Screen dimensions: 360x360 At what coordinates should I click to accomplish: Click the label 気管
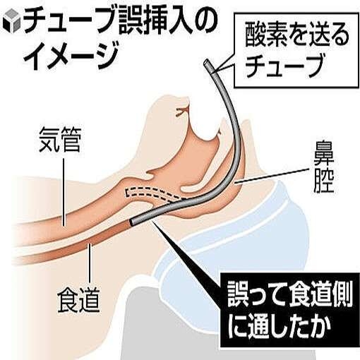tap(60, 140)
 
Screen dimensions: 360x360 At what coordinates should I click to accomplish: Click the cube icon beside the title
tap(11, 23)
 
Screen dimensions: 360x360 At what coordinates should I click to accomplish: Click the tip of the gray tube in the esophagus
tap(132, 222)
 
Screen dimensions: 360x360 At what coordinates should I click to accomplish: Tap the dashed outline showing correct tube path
tap(150, 193)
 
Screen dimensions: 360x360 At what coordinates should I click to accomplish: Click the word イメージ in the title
tap(71, 56)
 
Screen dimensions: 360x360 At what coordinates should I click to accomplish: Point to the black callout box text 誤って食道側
tap(289, 296)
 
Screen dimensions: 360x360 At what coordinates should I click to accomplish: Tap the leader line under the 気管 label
tap(64, 192)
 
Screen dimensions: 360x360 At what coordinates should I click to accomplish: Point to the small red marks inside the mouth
tap(182, 112)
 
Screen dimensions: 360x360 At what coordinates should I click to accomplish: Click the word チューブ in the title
tap(71, 23)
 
